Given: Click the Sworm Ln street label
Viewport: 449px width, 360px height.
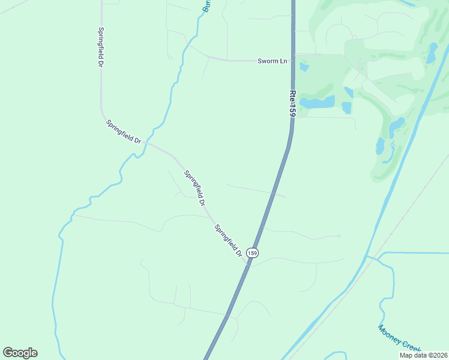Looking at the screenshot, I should [x=273, y=61].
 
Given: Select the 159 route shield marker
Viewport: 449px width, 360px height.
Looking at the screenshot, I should [x=253, y=253].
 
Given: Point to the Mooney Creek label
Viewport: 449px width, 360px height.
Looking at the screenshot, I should [x=400, y=338].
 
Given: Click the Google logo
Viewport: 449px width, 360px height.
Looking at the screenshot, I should [x=20, y=353].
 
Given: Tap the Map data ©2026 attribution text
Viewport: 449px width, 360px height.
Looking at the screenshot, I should [x=423, y=355].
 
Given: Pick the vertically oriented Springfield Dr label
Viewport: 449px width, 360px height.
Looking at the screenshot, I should [x=101, y=47].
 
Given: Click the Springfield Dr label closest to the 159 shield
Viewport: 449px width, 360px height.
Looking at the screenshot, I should [x=229, y=241].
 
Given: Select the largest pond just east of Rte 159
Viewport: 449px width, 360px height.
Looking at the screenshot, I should [x=316, y=102].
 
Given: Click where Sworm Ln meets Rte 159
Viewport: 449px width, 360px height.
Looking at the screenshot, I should [x=293, y=60].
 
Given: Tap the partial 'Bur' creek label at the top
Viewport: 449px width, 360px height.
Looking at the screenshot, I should [x=207, y=6].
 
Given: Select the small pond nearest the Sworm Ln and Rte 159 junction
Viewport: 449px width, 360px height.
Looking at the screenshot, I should [x=304, y=66].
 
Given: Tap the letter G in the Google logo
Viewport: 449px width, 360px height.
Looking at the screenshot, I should [x=8, y=353].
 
